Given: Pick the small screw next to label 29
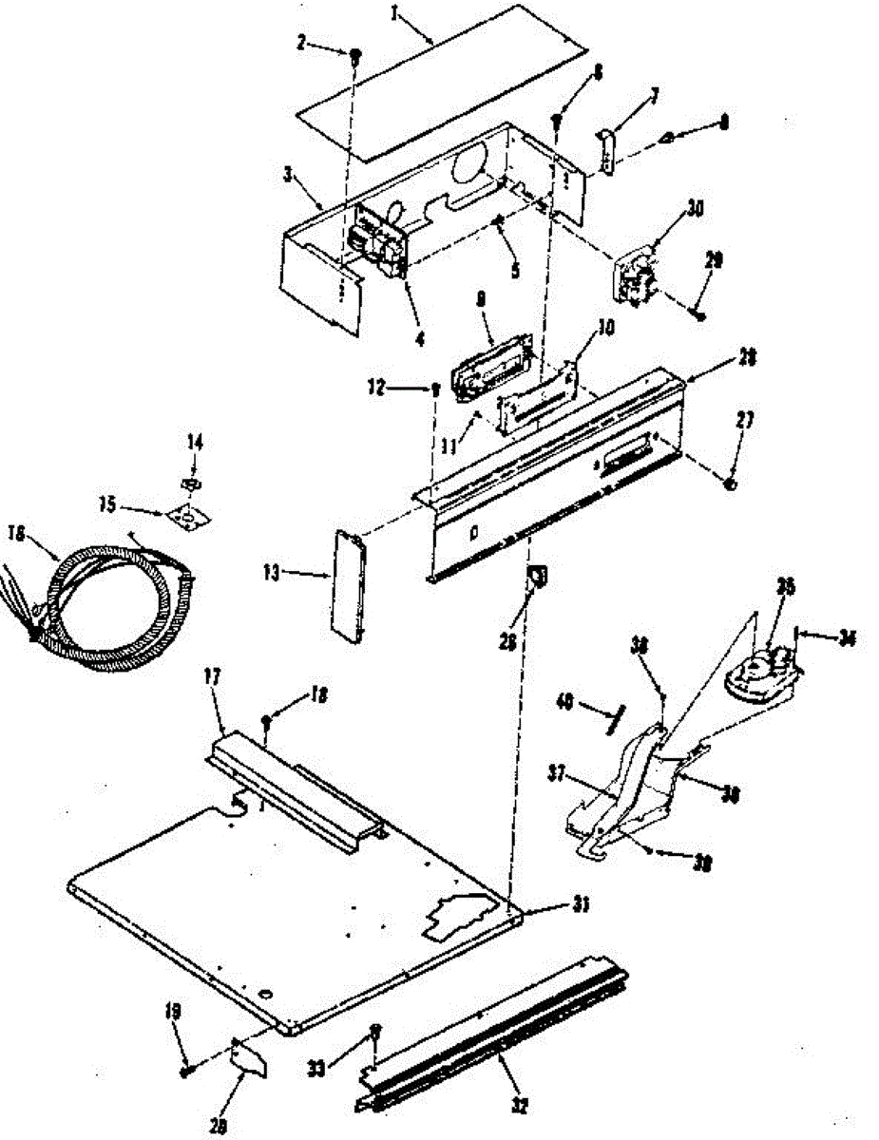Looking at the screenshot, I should [x=698, y=313].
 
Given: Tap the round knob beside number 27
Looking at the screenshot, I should [x=730, y=484].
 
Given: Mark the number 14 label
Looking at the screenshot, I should [x=195, y=442].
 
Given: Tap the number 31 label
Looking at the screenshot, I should [x=577, y=904].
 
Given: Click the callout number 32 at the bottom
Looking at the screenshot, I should [x=519, y=1105].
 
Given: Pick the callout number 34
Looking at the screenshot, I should [x=846, y=637].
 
